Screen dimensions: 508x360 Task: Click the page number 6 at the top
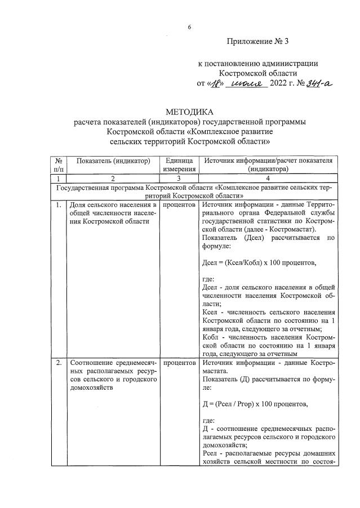point(190,27)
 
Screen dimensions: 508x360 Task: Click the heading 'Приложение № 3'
point(260,42)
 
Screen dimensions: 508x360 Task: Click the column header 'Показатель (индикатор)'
point(113,161)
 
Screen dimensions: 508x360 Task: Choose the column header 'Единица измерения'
point(179,164)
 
